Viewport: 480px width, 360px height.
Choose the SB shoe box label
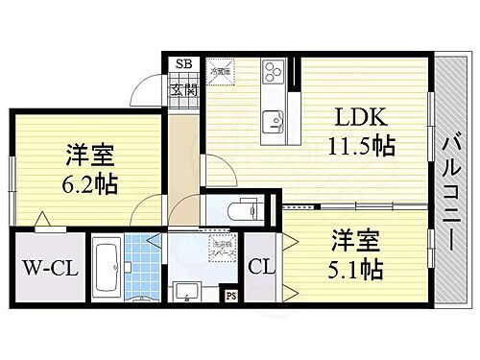tap(181, 64)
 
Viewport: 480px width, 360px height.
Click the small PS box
tap(230, 296)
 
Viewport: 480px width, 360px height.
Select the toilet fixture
tap(241, 208)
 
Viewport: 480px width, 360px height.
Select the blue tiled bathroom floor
tap(141, 265)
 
